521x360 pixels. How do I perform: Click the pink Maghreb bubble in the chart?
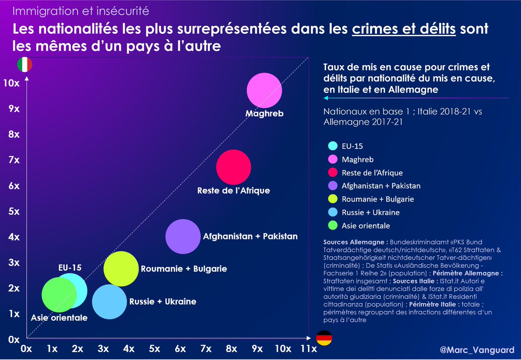coord(264,90)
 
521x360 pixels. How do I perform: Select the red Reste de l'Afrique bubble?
coord(234,167)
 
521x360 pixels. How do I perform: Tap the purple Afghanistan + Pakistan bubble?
coord(183,237)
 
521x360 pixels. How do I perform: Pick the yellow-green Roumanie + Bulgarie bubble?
coord(121,269)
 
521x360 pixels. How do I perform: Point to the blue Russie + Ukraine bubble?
coord(109,302)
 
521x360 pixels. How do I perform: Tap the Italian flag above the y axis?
coord(25,65)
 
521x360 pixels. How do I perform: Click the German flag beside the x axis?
coord(323,337)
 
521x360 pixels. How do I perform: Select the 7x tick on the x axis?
coord(205,349)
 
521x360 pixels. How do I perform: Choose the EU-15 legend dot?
coord(333,146)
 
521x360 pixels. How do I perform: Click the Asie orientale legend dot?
coord(333,226)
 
